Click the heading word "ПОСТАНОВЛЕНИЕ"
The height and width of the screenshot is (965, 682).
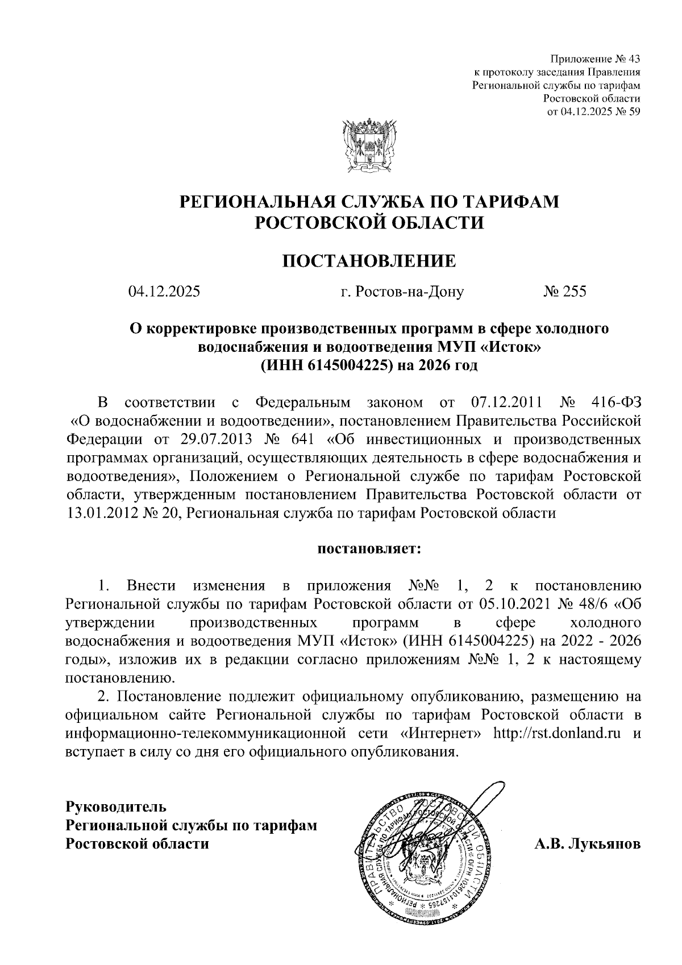(369, 261)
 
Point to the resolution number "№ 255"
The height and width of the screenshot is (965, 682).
(564, 292)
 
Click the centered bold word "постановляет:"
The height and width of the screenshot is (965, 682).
(369, 549)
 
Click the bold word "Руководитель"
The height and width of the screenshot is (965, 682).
(117, 806)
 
